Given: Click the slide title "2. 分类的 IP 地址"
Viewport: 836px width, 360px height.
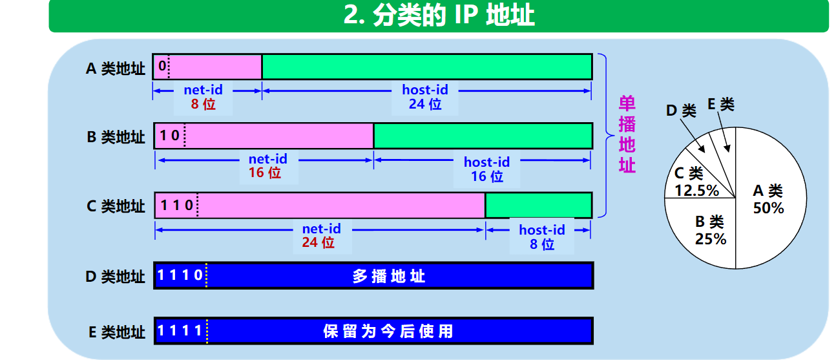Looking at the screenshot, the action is [x=439, y=16].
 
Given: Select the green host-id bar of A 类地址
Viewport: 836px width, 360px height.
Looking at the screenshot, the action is [x=426, y=67].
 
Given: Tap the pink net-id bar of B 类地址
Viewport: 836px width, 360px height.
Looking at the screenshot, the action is [x=278, y=136].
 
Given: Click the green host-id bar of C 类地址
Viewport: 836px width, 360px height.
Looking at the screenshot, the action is [x=538, y=205].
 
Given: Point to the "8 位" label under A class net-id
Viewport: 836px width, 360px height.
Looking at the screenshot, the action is [x=203, y=103].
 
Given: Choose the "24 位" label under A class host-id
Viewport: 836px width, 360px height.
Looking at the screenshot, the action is [x=424, y=103].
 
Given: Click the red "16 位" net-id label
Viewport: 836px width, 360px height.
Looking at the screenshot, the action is [x=265, y=173].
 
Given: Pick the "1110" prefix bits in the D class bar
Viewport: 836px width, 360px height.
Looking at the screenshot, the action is [x=180, y=276].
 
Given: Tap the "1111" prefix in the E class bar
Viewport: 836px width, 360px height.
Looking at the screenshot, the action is [x=180, y=332].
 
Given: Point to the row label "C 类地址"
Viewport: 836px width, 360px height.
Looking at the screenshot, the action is [x=116, y=206].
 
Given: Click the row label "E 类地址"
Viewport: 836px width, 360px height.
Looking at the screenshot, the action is [x=116, y=332].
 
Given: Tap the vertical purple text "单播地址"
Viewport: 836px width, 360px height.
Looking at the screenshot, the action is [x=627, y=135].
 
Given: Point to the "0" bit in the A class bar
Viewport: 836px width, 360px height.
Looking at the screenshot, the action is [x=162, y=66].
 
